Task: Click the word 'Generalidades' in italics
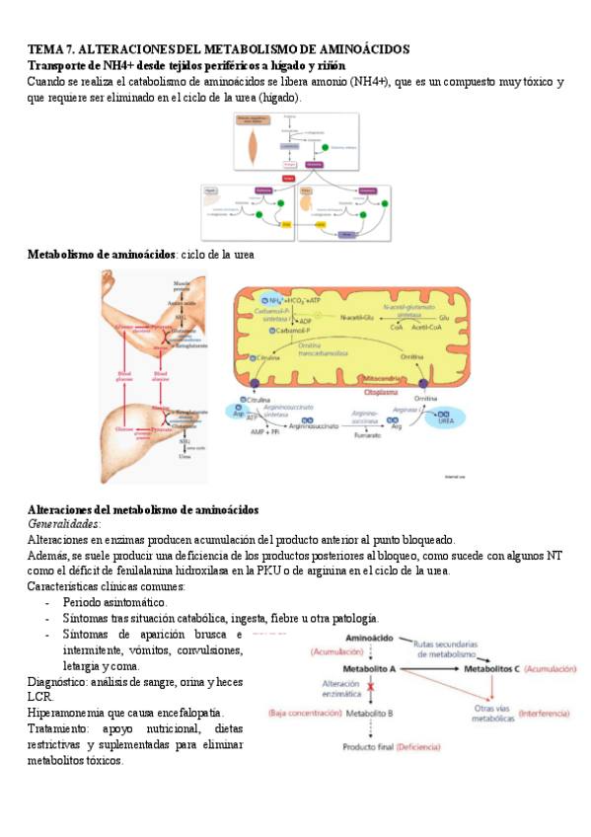point(64,524)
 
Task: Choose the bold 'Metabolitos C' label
point(491,668)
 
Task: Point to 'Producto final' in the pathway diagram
point(367,748)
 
